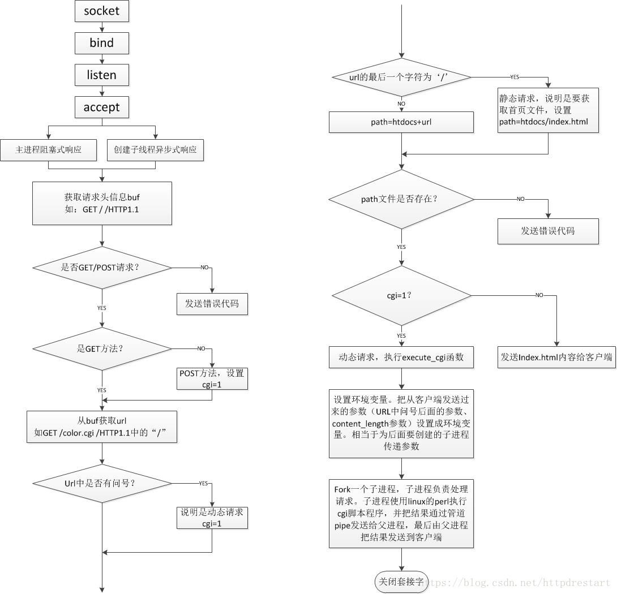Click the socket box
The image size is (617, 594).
pos(102,11)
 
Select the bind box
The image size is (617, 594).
pos(102,43)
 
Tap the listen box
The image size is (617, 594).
pos(102,75)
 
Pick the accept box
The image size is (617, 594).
pos(102,107)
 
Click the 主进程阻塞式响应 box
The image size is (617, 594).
pos(49,150)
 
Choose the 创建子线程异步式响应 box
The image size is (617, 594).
pos(155,150)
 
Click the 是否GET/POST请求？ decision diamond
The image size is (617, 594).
pos(102,267)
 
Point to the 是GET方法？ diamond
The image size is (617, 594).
pos(102,348)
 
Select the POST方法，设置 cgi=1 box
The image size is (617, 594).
pos(212,378)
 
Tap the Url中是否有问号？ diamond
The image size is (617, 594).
pos(102,483)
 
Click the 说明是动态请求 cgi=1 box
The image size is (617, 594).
pos(212,518)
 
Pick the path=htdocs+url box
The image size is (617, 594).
pos(401,122)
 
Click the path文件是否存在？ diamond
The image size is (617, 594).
pos(401,199)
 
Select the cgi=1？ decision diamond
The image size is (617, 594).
pos(401,295)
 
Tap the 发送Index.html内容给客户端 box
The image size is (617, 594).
pos(557,358)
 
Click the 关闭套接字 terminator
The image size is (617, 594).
pos(401,582)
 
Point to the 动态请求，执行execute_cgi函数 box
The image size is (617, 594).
pos(401,358)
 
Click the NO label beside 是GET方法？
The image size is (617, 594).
pos(201,348)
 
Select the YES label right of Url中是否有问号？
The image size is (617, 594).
pos(204,483)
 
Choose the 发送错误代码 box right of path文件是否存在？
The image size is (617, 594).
pos(548,231)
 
